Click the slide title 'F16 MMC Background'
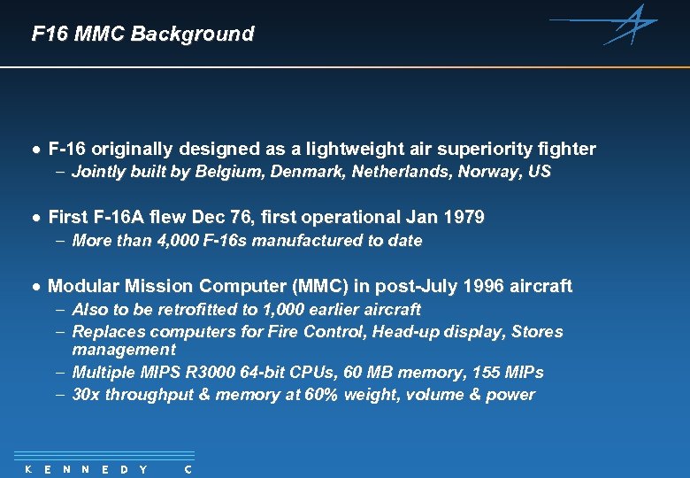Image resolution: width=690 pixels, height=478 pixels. pos(142,35)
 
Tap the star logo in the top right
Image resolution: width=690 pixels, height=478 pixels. pos(630,24)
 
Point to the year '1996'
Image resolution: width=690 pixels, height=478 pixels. pos(483,286)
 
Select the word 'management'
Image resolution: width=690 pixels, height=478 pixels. pos(124,350)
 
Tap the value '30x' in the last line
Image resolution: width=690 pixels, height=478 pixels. pos(86,395)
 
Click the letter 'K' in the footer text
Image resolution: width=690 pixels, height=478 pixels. pos(27,469)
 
